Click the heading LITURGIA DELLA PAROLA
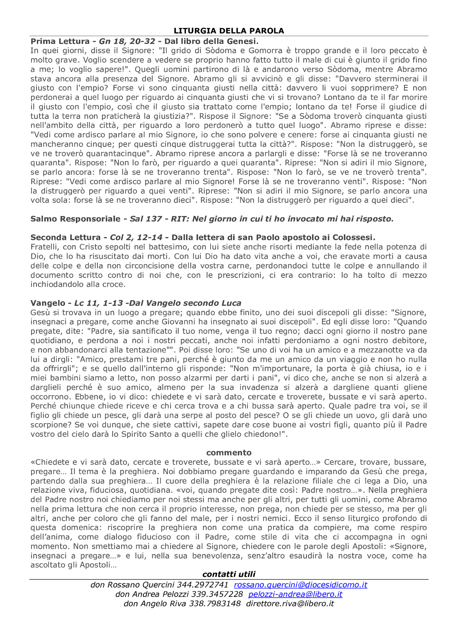point(229,31)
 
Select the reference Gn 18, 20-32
point(127,41)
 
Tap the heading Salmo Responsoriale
point(75,219)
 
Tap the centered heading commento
point(229,453)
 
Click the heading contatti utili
point(229,574)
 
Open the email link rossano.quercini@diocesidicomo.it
point(300,585)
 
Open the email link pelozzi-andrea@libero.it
point(295,594)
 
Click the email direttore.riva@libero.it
point(290,604)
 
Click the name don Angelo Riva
point(155,604)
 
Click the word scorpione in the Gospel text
point(49,425)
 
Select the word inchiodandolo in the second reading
point(57,284)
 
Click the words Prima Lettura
point(60,41)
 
